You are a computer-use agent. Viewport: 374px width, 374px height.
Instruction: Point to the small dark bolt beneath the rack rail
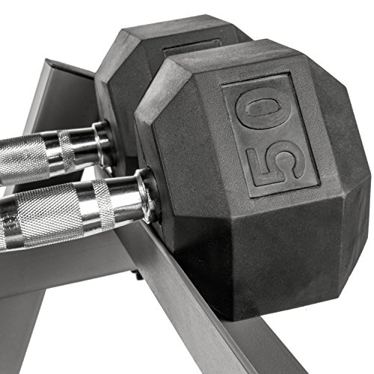coord(139,275)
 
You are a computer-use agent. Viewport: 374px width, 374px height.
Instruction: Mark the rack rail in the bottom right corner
coord(329,352)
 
